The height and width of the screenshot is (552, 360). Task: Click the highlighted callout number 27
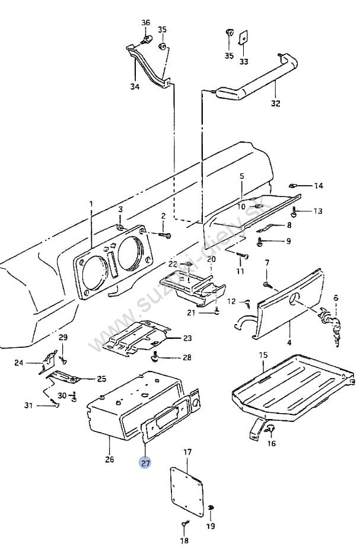pos(145,462)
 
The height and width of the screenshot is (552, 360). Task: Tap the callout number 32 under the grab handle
pos(276,103)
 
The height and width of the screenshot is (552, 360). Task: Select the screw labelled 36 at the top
pos(147,39)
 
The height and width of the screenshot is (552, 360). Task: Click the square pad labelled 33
pos(243,37)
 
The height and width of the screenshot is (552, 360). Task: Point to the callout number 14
pos(318,186)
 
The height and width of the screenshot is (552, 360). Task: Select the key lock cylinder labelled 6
pos(330,326)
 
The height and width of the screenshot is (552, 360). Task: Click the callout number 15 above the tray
pos(263,355)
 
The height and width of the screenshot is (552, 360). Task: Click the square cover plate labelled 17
pos(187,491)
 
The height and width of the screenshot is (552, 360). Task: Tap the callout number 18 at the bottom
pos(184,540)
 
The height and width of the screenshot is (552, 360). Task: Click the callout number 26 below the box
pos(110,459)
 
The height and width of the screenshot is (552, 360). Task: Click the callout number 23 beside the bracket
pos(187,338)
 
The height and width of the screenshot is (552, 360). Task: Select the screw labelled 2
pos(165,234)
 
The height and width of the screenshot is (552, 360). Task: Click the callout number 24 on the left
pos(18,362)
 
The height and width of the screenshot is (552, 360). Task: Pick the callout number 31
pos(28,405)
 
